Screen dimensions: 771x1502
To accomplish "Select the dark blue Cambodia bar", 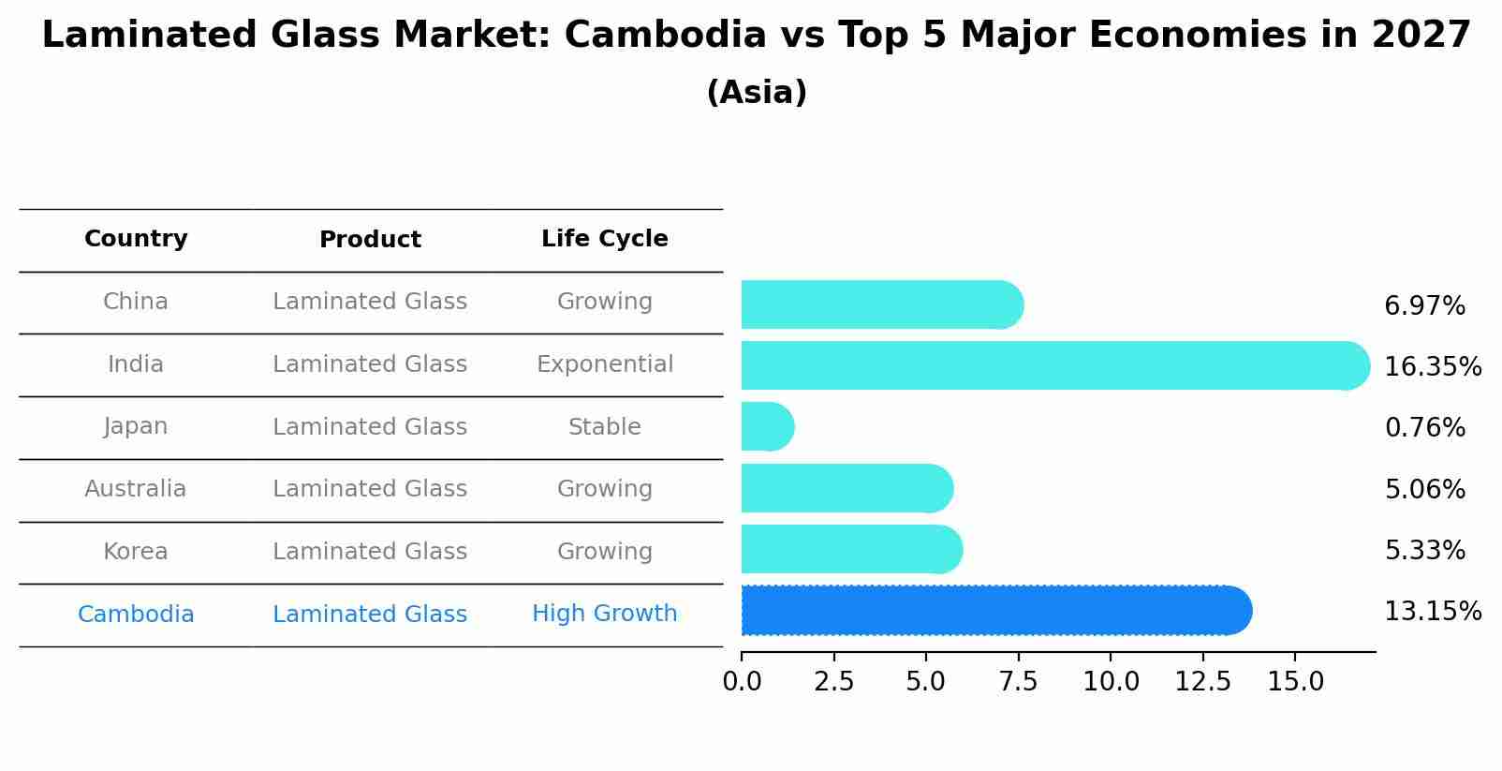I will click(994, 611).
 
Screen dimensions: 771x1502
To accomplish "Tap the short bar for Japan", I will click(767, 427).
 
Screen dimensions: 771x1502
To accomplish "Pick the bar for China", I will click(880, 304).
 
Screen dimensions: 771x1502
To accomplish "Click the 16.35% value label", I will click(1432, 366).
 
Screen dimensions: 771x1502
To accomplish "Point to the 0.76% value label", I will click(1424, 428).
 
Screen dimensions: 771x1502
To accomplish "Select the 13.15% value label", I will click(1432, 612).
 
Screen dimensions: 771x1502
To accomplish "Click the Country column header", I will click(136, 239).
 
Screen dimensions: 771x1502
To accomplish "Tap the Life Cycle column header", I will click(604, 239).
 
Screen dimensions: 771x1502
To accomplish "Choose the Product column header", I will click(370, 240).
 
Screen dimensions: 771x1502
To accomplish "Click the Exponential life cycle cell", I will click(604, 364).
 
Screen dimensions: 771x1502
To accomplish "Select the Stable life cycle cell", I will click(604, 427).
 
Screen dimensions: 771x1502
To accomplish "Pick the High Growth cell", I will click(604, 614).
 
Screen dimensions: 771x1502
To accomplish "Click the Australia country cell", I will click(136, 489).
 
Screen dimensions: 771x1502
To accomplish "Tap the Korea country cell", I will click(136, 552).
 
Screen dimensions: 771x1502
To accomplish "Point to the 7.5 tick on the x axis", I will click(1018, 682).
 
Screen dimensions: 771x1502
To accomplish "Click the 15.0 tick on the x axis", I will click(1295, 682).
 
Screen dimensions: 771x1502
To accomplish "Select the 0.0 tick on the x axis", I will click(742, 682).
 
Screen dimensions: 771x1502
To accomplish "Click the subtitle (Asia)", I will click(757, 93).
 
